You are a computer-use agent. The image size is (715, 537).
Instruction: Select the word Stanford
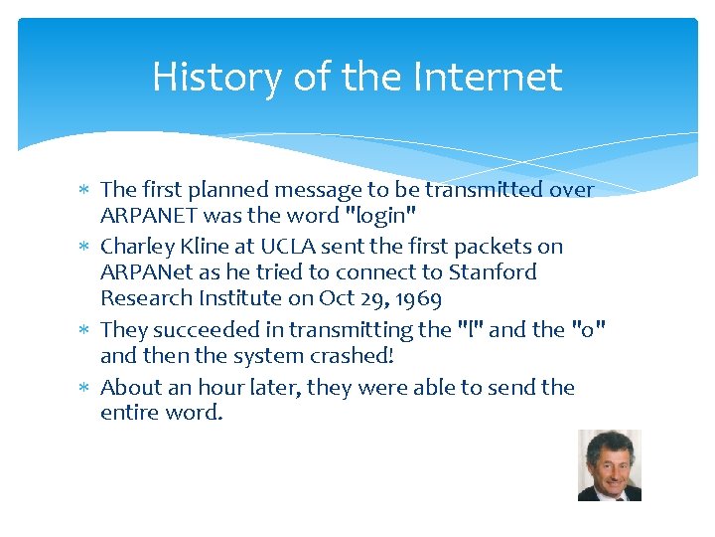tap(493, 272)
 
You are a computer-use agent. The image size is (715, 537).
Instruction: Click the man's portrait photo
tap(610, 464)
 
